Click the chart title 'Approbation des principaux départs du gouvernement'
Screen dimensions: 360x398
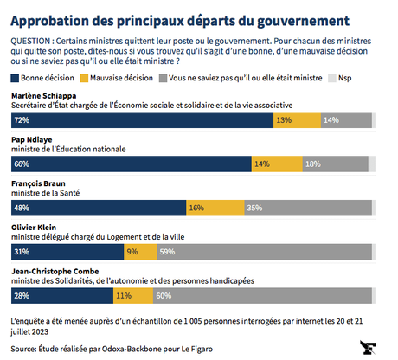(169, 18)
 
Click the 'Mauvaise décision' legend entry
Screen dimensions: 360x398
(128, 78)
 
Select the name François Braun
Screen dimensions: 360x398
(41, 183)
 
